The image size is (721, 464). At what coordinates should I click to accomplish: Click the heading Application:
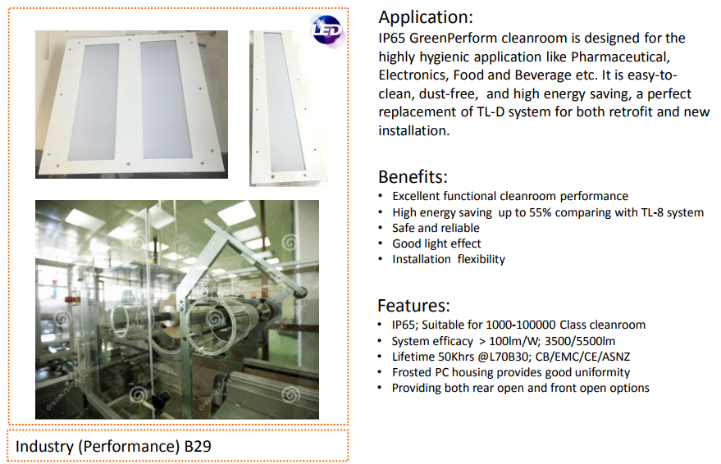point(425,17)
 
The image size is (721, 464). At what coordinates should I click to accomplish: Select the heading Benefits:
point(412,176)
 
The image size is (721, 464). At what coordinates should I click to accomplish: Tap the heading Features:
point(413,306)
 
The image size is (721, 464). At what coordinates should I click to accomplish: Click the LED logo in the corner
point(326,30)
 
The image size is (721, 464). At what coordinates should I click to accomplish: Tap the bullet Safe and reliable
point(436,228)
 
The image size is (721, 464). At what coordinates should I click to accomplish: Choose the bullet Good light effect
point(436,243)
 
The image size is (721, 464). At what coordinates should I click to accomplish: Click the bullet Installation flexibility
point(449,259)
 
